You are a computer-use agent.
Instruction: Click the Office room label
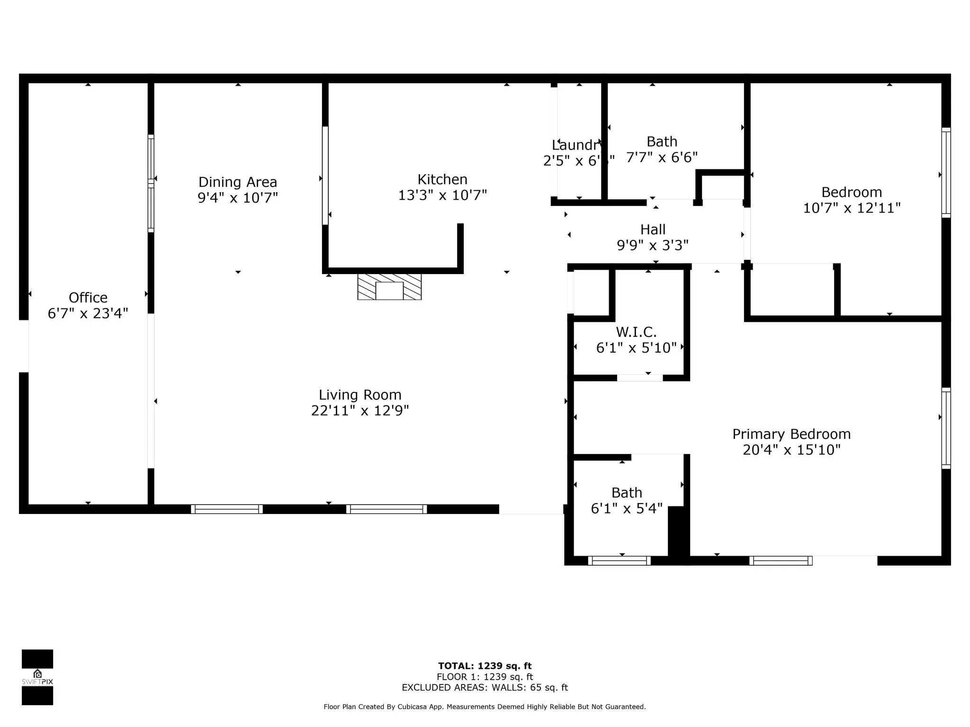(x=88, y=298)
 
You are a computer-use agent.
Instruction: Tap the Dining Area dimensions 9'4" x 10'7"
(x=237, y=198)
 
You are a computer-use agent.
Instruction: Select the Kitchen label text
(x=442, y=179)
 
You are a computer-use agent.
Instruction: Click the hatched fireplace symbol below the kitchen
(x=389, y=287)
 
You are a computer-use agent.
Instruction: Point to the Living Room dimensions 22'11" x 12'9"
(x=360, y=410)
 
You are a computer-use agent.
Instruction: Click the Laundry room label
(x=577, y=145)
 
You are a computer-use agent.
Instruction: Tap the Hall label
(x=653, y=230)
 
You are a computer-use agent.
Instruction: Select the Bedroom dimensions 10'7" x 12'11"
(x=852, y=208)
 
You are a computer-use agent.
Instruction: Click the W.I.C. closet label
(x=636, y=332)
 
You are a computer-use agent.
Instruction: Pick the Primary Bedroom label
(x=791, y=434)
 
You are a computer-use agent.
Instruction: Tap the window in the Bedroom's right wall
(x=945, y=173)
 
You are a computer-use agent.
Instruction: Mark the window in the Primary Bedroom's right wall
(x=945, y=428)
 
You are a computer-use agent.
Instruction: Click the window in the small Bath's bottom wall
(x=619, y=561)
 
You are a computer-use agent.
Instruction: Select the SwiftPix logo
(x=37, y=677)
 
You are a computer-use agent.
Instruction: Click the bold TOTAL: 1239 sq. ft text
(x=485, y=666)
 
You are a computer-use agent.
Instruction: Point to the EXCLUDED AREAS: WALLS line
(x=485, y=688)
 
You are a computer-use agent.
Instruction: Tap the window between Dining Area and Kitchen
(x=325, y=175)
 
